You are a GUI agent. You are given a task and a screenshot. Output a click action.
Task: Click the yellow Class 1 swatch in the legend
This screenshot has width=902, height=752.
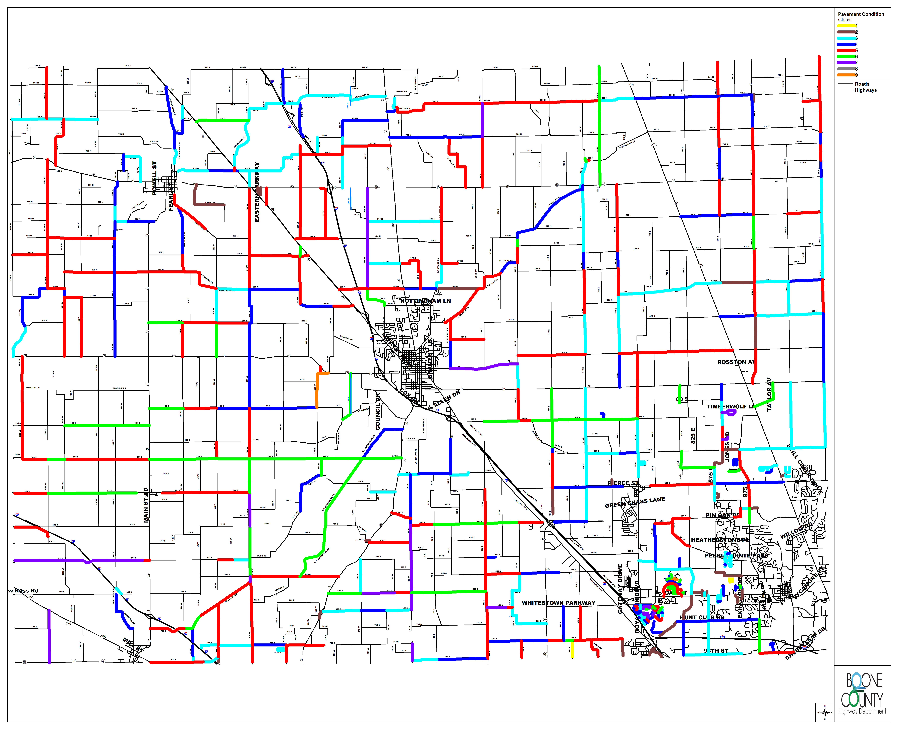click(x=846, y=26)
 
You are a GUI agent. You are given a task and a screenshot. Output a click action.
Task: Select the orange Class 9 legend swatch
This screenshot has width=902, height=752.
click(x=846, y=75)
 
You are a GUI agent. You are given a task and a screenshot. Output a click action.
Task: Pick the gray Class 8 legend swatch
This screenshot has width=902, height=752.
click(x=846, y=69)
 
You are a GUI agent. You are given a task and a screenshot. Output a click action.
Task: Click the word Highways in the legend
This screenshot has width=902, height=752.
click(x=866, y=90)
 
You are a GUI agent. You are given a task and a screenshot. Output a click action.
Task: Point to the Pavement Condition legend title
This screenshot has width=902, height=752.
click(x=861, y=14)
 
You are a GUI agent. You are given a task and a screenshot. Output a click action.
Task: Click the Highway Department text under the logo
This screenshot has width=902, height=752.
click(x=862, y=711)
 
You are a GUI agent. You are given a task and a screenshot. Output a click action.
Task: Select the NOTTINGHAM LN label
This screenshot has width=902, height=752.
click(x=425, y=301)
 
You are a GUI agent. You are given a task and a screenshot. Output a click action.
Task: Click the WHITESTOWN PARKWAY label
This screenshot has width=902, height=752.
click(x=558, y=603)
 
